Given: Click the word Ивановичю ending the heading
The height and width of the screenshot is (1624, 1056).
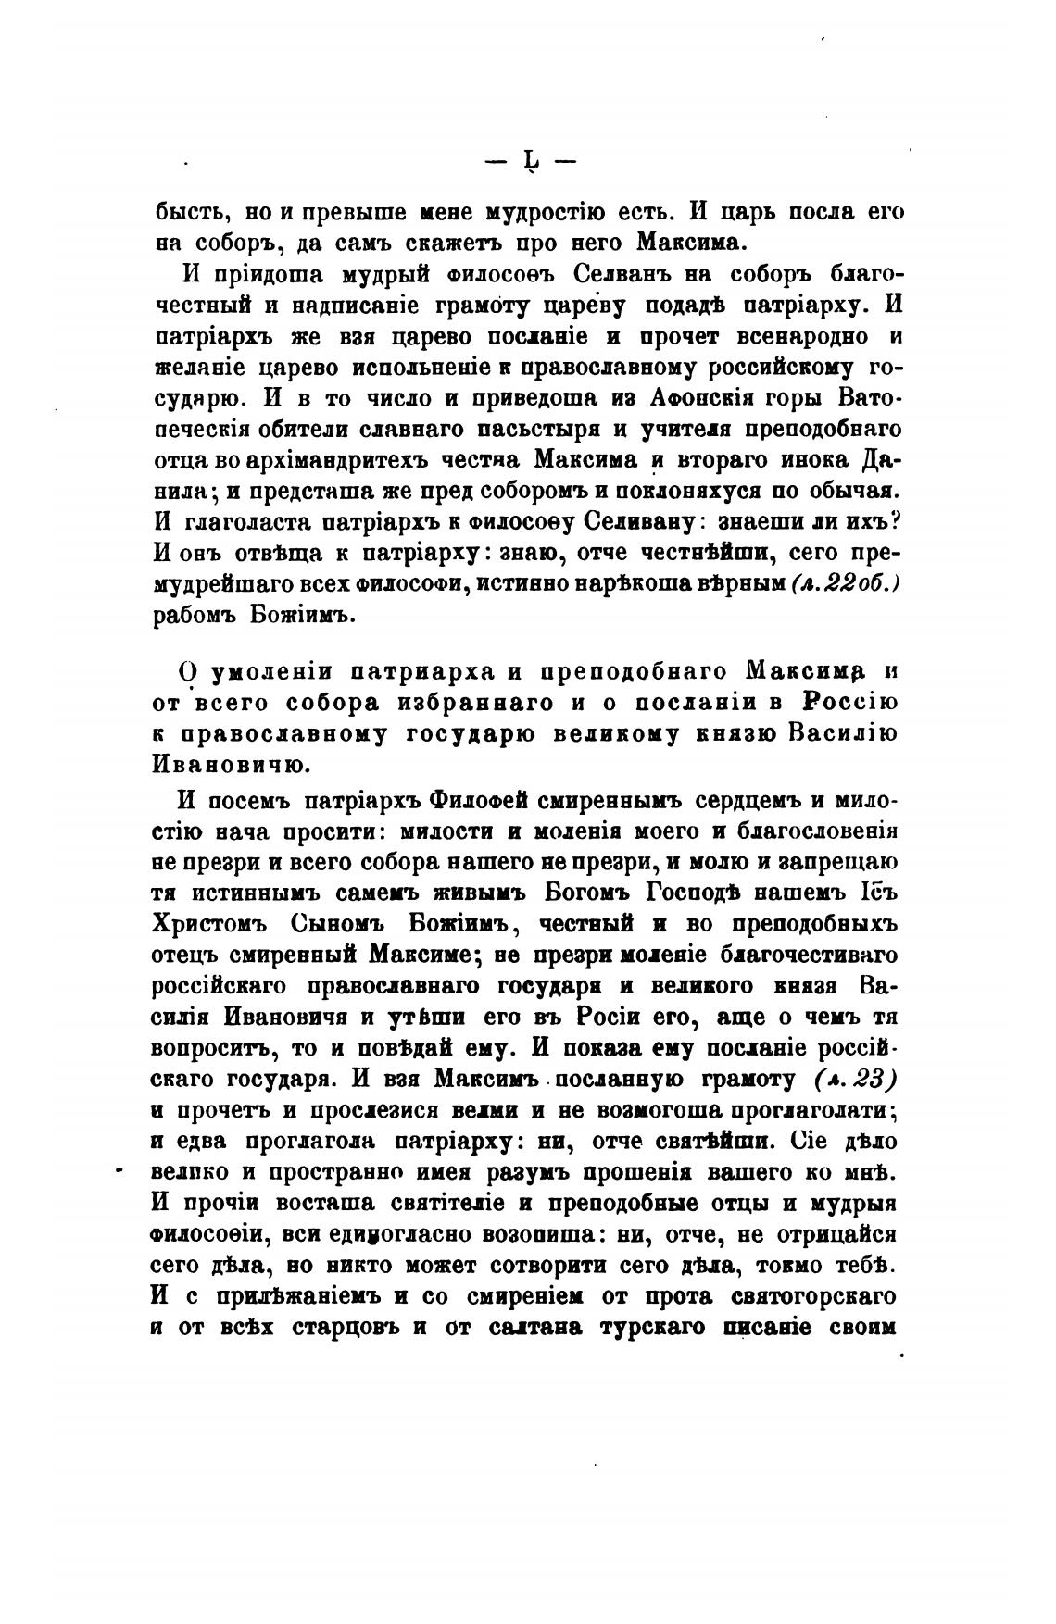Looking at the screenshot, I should coord(238,765).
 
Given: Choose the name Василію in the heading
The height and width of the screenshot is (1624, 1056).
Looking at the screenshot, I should coord(844,733).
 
